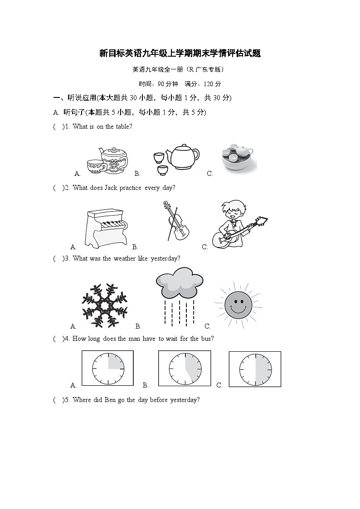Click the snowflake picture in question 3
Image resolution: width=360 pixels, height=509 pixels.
[104, 304]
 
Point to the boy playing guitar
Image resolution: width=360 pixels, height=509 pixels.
[236, 224]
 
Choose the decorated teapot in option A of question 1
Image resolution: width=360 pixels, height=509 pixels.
[114, 159]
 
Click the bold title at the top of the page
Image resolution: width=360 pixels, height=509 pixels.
[180, 53]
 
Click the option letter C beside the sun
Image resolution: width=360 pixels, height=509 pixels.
[208, 326]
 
